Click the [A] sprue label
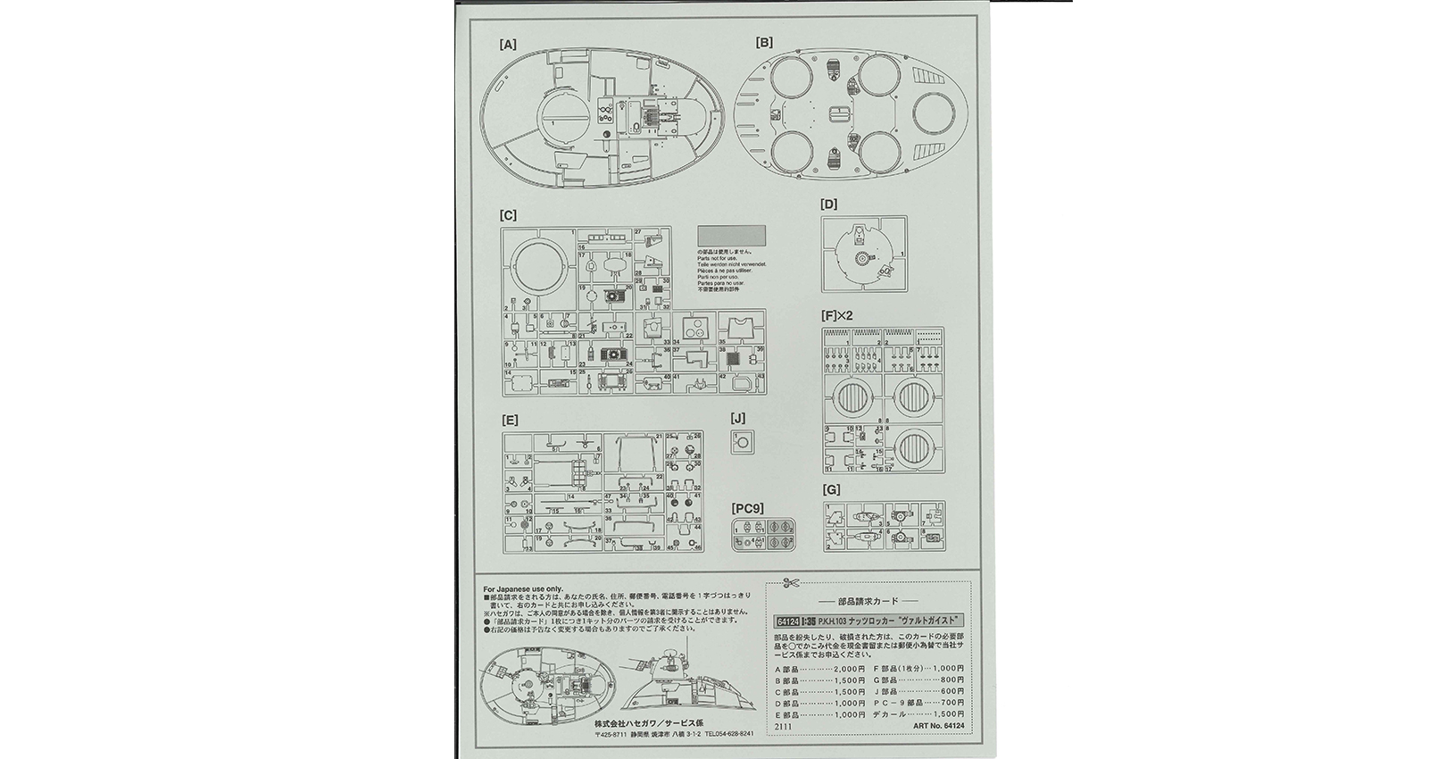click(508, 43)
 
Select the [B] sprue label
click(764, 42)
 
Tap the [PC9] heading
click(746, 509)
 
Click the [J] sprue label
click(737, 417)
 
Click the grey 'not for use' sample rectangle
click(731, 236)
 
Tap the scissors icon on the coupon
click(788, 583)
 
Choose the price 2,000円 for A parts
click(848, 669)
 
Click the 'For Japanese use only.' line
click(523, 589)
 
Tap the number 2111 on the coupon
click(782, 728)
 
